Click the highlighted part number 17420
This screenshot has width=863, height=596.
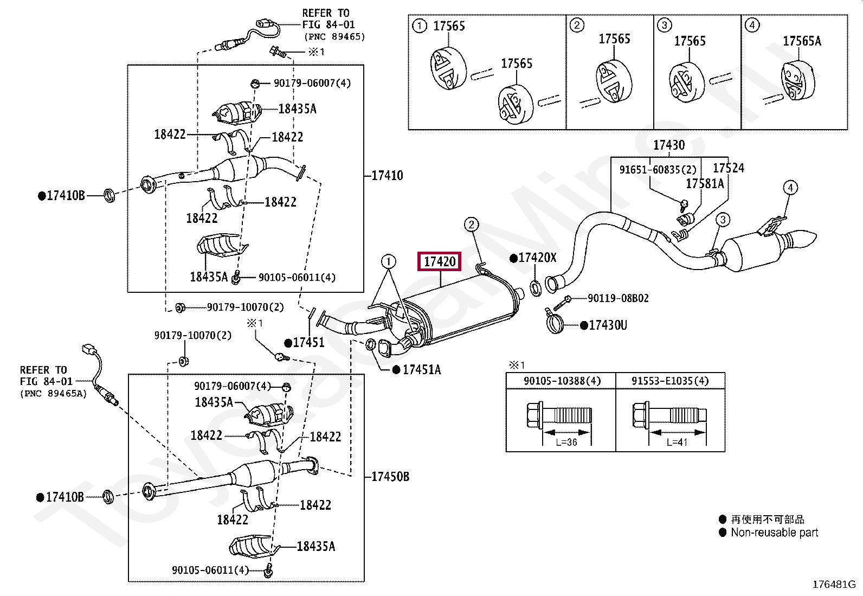point(440,262)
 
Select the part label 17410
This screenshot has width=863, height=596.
point(387,176)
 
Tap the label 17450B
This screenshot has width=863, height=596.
point(390,477)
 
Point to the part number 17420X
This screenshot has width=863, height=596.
point(537,258)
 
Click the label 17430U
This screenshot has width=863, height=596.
point(608,325)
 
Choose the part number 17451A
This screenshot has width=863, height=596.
point(422,370)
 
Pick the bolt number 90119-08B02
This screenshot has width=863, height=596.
point(619,298)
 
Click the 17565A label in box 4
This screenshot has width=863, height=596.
point(802,41)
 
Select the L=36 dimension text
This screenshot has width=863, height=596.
point(566,442)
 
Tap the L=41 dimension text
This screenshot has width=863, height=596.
point(677,442)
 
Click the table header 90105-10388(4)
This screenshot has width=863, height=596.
point(562,381)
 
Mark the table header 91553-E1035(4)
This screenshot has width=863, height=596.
point(670,381)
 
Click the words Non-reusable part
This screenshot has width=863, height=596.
point(775,533)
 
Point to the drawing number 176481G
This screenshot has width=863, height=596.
point(834,585)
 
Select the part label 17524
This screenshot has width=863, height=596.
point(729,168)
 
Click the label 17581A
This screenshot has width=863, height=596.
point(705,184)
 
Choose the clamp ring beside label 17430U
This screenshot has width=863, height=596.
point(555,323)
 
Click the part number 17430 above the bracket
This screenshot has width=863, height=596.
point(669,145)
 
